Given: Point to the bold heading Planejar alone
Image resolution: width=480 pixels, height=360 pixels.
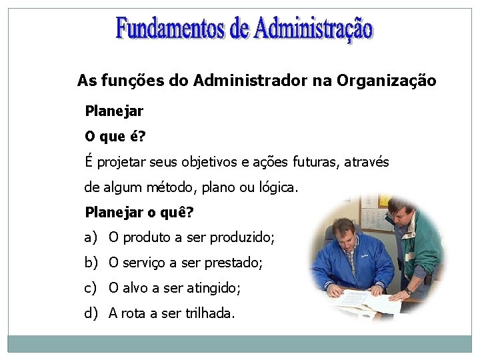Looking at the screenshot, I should coord(114,111).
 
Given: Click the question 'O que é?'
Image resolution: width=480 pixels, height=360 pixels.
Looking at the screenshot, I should coord(115,137).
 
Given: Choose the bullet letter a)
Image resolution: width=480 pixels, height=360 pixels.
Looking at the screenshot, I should coord(91,237).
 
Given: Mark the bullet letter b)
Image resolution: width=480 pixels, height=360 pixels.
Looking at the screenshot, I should coord(91,263).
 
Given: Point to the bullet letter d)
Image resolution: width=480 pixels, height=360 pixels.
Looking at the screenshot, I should coord(91,313).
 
